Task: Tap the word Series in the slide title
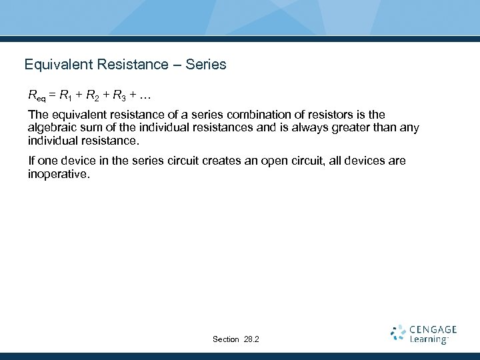click(206, 65)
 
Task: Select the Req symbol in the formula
click(37, 97)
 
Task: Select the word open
click(275, 161)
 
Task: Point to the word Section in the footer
click(225, 339)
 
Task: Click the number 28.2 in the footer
click(251, 339)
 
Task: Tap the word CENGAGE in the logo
click(434, 329)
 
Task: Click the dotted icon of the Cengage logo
click(398, 333)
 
